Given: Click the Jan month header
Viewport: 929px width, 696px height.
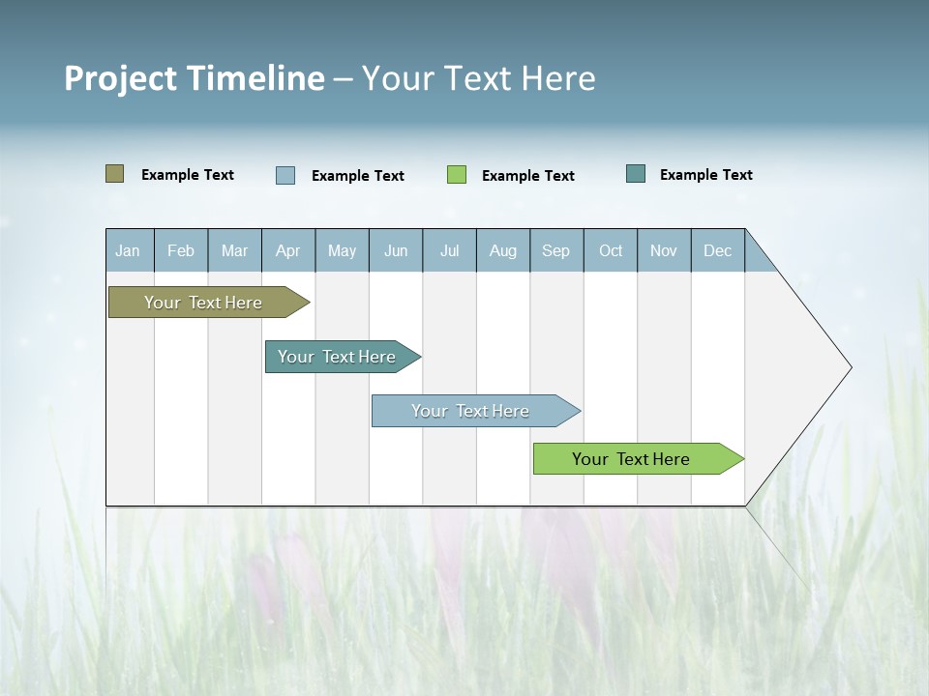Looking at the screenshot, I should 128,250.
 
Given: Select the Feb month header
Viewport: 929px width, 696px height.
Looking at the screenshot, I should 181,250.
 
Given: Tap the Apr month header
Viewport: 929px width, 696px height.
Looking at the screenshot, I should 287,250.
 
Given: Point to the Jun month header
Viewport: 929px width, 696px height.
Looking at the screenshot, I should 396,250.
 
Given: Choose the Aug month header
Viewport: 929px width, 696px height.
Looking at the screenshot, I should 502,250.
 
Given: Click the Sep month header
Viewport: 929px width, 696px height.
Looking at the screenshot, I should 555,250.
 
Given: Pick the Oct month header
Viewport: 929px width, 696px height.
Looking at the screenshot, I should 611,250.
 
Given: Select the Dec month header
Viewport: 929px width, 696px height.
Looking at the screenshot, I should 717,250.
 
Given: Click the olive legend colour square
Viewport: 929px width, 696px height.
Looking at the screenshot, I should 115,174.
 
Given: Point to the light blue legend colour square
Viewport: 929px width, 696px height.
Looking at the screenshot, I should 285,175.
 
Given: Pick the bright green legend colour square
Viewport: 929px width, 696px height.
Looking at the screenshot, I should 457,175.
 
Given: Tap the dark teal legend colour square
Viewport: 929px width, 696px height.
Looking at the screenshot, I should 636,174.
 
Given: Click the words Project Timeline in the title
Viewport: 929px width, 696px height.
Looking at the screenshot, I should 194,78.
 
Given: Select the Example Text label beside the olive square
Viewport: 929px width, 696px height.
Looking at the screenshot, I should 188,175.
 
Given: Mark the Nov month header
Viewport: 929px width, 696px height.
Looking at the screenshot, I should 664,250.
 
